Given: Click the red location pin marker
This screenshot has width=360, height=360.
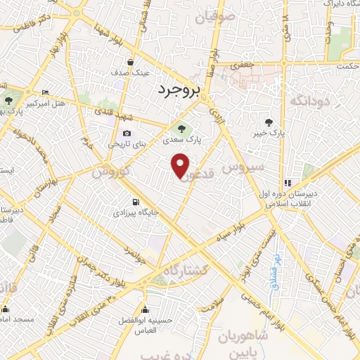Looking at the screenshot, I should click(181, 165).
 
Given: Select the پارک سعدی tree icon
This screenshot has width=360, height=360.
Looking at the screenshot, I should click(182, 129).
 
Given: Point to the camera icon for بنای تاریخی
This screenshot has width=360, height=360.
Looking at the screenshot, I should click(127, 133).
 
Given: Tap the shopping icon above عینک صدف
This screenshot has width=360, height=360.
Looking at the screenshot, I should click(130, 62).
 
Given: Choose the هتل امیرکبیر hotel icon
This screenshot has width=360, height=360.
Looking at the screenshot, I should click(46, 92).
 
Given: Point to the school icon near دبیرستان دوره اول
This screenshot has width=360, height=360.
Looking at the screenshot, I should click(288, 182).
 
